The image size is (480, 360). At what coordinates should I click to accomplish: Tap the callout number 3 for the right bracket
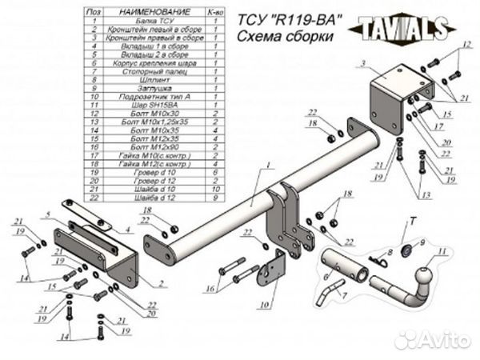coord(363,63)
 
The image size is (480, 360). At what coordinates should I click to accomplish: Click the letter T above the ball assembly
coord(413,219)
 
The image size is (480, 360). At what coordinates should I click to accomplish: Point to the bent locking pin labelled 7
coord(324,296)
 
